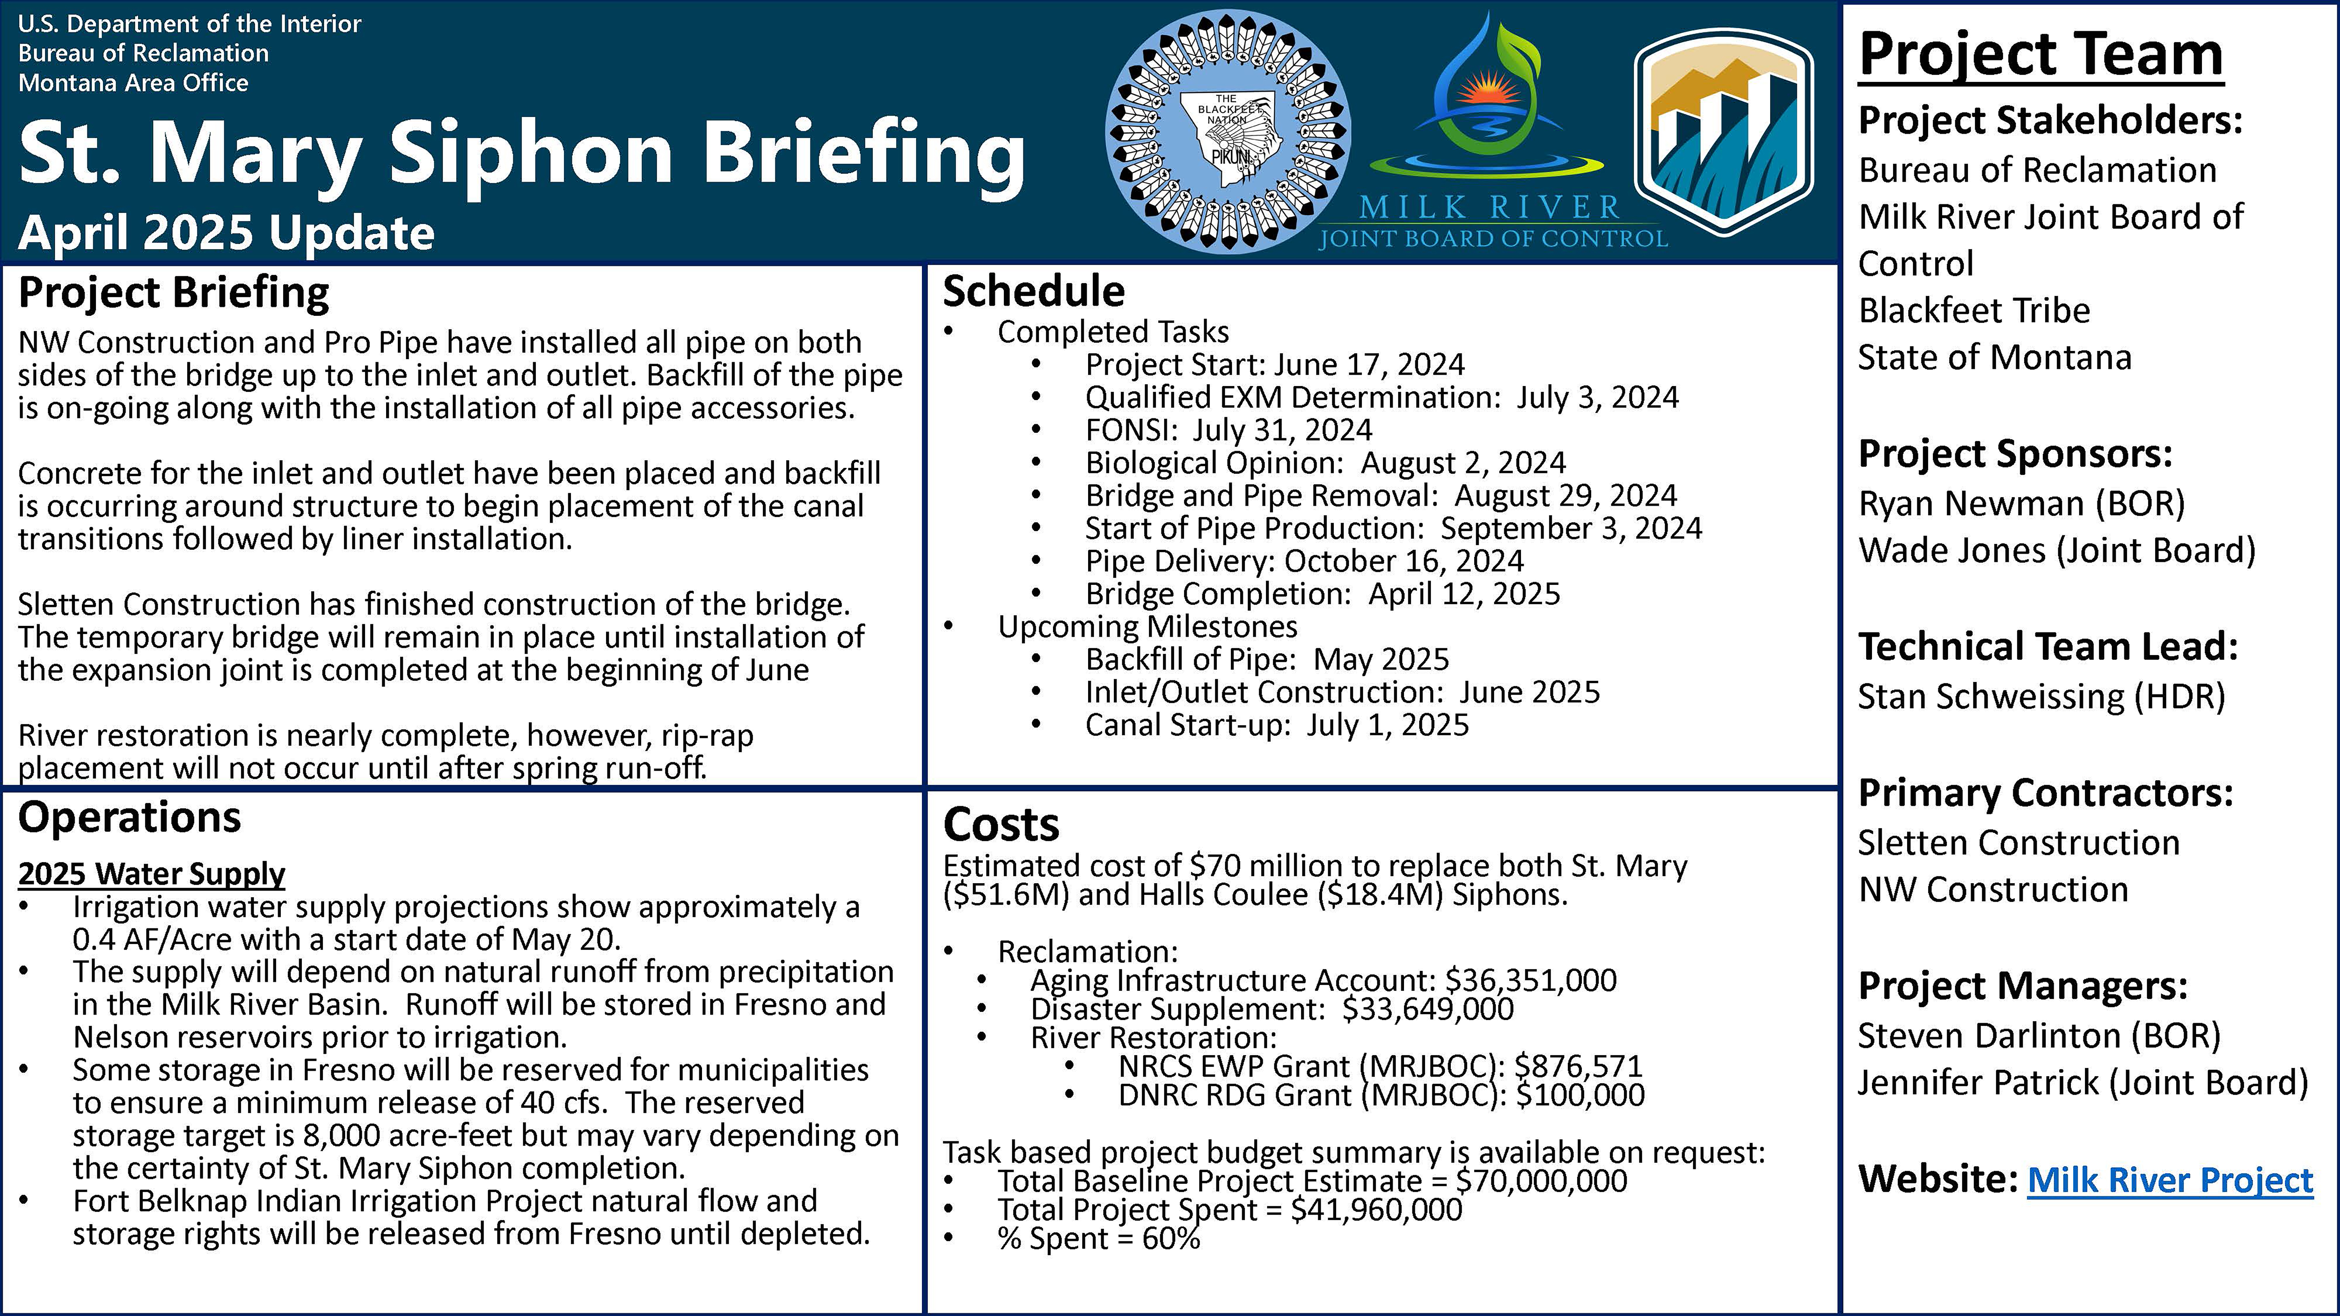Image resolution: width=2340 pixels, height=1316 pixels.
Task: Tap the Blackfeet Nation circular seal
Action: [x=1227, y=132]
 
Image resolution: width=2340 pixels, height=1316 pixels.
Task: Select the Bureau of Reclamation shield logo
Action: [x=1723, y=132]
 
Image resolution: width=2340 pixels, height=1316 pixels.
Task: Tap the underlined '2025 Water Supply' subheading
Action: [x=152, y=874]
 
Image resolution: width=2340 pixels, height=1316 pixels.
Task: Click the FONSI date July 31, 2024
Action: [x=1282, y=429]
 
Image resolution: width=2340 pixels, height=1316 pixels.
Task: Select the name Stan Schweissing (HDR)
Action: [x=2041, y=697]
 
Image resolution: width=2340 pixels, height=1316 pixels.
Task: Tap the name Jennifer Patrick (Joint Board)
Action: [x=2082, y=1083]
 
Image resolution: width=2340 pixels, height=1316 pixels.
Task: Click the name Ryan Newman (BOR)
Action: [x=2021, y=503]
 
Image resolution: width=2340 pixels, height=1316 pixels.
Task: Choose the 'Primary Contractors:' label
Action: [x=2045, y=793]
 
